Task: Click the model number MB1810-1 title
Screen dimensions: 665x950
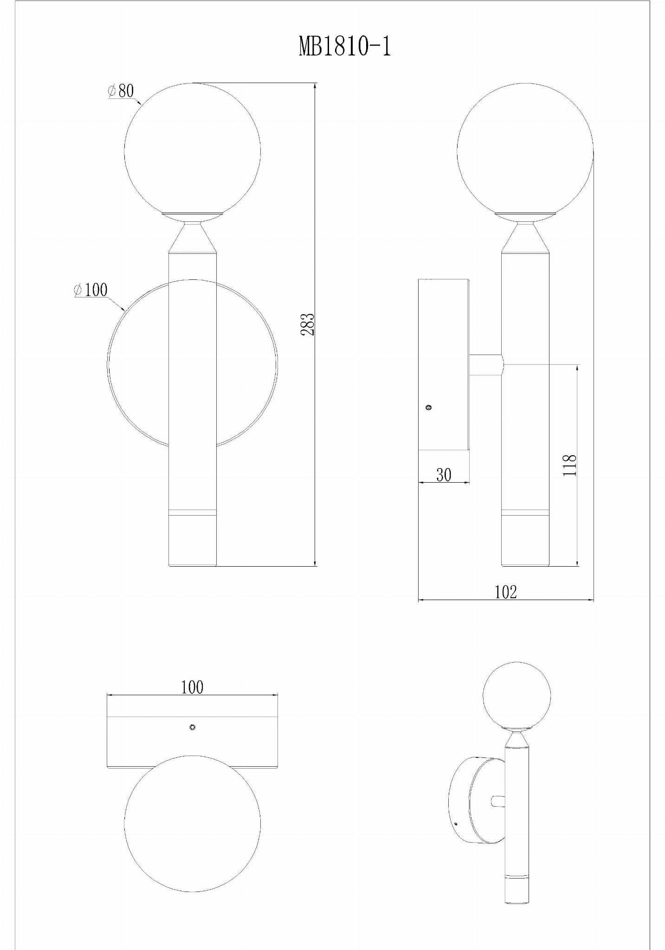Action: click(345, 46)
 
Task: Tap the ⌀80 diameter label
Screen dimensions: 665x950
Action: click(121, 90)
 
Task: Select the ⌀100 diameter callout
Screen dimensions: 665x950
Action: click(90, 290)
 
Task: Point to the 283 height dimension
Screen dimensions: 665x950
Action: click(308, 324)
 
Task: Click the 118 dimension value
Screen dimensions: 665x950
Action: click(569, 465)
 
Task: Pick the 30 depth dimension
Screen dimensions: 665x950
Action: click(444, 475)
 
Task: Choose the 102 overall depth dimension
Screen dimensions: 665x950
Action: click(505, 592)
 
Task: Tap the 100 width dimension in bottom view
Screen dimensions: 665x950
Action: click(192, 687)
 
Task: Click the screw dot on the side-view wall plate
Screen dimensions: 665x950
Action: click(429, 407)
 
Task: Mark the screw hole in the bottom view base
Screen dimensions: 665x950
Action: click(192, 727)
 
